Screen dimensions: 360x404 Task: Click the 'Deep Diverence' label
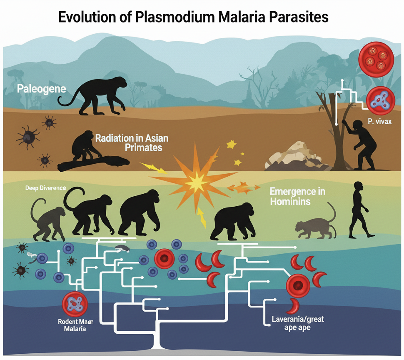pos(45,188)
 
